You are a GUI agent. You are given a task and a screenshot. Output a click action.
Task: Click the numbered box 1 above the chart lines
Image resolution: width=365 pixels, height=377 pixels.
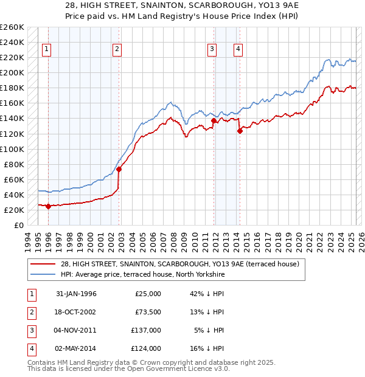coord(47,50)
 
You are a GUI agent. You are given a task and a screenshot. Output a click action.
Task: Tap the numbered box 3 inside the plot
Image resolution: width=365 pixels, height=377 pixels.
coord(212,50)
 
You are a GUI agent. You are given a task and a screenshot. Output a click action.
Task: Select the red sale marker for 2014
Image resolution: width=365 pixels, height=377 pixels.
coord(240,131)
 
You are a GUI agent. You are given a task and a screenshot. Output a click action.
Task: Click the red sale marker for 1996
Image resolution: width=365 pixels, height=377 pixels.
coord(48,206)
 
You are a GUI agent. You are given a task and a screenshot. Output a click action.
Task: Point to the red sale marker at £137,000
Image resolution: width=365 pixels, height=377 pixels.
coord(214,120)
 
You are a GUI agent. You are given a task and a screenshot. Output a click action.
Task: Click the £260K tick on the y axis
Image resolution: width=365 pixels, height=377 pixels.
coord(12,27)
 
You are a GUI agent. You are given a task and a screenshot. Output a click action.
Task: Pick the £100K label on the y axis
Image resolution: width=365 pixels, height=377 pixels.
coord(12,149)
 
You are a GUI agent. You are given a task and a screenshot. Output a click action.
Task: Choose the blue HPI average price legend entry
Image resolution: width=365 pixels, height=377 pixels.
coord(142,275)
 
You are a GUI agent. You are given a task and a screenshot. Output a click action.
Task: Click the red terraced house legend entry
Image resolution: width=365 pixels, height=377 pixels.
coord(179,265)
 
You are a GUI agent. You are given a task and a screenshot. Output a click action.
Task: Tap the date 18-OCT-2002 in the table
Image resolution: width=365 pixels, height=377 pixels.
coord(76,312)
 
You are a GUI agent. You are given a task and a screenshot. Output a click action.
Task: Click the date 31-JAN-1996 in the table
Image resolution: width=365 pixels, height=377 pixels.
coord(76,294)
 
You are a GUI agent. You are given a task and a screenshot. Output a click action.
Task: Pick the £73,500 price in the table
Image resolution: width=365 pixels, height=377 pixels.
coord(148,312)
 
